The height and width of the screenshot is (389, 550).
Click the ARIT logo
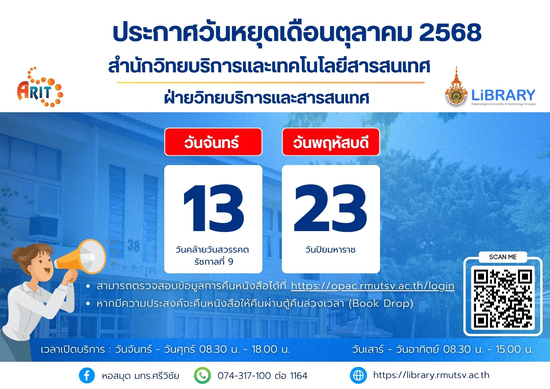pos(40,87)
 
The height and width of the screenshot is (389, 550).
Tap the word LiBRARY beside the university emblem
pos(503,95)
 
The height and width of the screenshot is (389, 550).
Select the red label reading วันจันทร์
pos(213,142)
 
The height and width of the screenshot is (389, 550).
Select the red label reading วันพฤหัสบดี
pos(331,142)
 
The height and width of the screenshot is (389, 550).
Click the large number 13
pos(214,208)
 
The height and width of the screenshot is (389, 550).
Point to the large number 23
pos(330,208)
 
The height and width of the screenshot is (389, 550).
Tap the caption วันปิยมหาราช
pos(330,250)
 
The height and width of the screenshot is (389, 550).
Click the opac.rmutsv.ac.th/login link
pos(373,286)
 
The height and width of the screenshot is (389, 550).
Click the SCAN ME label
pos(503,257)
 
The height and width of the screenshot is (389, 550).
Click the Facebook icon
pos(87,376)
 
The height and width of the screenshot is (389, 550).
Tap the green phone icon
pos(202,376)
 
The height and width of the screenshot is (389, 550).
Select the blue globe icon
pos(358,376)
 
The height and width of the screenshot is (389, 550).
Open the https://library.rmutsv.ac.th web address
pos(431,375)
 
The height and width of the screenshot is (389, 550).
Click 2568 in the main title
pos(450,32)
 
